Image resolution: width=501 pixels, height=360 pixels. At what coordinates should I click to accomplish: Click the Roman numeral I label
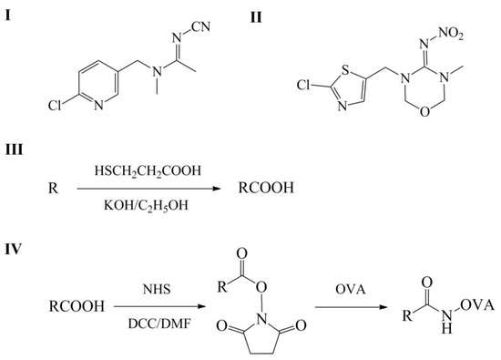(10, 12)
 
